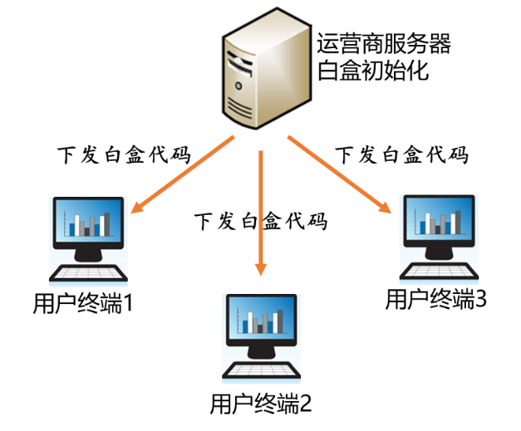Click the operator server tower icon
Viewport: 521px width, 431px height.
point(267,68)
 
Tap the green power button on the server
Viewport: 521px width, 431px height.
point(238,86)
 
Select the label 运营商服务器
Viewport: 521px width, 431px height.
point(384,43)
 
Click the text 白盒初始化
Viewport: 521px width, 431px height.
point(373,70)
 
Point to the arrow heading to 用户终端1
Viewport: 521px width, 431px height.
point(183,174)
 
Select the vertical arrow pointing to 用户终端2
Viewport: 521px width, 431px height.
point(261,213)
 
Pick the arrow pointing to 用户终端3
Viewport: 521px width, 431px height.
point(339,174)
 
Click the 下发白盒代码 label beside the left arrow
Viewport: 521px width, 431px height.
point(125,154)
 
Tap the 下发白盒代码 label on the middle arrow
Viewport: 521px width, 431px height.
point(261,221)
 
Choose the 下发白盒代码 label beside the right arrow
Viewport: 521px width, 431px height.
point(402,154)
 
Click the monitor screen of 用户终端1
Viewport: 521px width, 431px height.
point(88,220)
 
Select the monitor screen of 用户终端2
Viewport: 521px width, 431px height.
point(261,317)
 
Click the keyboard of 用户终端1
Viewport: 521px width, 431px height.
point(88,273)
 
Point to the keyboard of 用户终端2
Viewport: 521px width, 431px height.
point(261,370)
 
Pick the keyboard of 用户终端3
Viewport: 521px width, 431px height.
point(439,271)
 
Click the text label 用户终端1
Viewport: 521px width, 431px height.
point(83,303)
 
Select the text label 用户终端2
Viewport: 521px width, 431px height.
point(261,403)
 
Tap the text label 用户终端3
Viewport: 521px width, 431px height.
point(436,299)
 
